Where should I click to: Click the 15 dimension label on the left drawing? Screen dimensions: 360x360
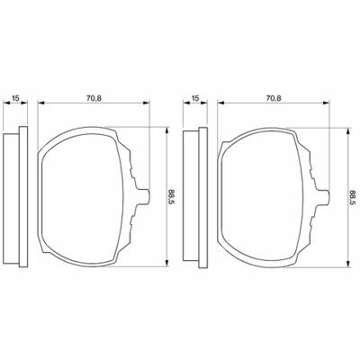tap(16, 98)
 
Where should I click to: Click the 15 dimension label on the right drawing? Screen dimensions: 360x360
tap(195, 98)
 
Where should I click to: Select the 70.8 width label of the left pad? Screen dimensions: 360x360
tap(94, 98)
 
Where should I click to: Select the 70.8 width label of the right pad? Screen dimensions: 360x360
tap(274, 98)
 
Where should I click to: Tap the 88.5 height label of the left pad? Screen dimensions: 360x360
tap(172, 197)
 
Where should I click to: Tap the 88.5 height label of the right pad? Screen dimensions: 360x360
tap(352, 197)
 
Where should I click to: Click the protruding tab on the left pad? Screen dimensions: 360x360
tap(145, 197)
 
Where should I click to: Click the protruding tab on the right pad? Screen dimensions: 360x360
tap(325, 197)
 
